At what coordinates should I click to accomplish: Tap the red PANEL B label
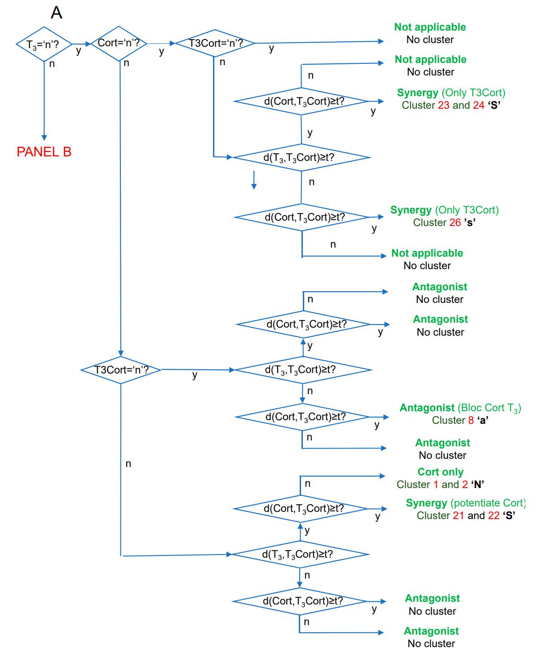(x=44, y=152)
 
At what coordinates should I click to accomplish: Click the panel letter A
(x=56, y=13)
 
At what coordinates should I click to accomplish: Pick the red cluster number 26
(x=455, y=222)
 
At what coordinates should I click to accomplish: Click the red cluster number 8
(x=471, y=420)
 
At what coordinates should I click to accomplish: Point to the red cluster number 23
(x=443, y=105)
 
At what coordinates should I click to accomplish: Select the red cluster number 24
(x=479, y=105)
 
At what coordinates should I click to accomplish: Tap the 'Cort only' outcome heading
(x=440, y=472)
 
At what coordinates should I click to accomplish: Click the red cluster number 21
(x=458, y=515)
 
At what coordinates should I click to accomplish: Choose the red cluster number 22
(x=493, y=515)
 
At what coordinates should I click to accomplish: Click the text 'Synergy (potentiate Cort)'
(x=466, y=503)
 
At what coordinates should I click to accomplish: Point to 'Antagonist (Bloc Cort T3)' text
(x=460, y=408)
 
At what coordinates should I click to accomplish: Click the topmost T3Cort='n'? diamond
(x=215, y=44)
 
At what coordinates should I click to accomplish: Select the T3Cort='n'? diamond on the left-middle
(x=121, y=370)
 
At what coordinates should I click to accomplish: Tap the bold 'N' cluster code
(x=478, y=484)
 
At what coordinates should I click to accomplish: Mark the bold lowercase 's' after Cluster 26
(x=469, y=222)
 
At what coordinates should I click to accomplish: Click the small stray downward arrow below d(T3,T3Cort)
(x=254, y=180)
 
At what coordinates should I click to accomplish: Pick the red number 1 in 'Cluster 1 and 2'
(x=435, y=484)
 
